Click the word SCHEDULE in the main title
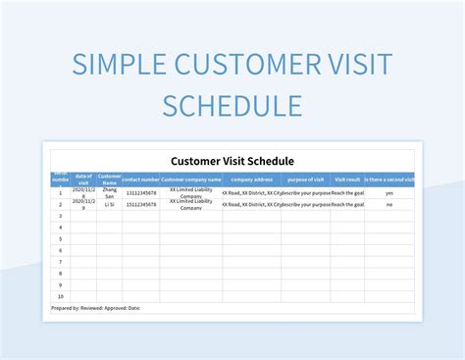[x=232, y=105]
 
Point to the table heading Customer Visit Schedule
[x=232, y=161]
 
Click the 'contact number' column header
[x=141, y=180]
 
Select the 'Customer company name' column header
[x=191, y=180]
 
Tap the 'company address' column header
[x=251, y=180]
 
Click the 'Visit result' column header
[x=347, y=180]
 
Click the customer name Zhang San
[x=110, y=193]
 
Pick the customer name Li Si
[x=110, y=205]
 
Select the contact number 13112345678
[x=141, y=193]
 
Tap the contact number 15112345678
[x=141, y=205]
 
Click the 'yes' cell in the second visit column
[x=389, y=193]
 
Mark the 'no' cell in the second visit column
[x=389, y=205]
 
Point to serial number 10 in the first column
[x=60, y=296]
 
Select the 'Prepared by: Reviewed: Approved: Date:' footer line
[x=96, y=308]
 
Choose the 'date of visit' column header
[x=83, y=180]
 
